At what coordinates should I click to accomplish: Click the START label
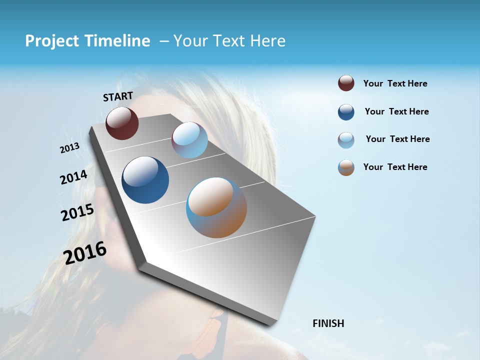pyautogui.click(x=118, y=96)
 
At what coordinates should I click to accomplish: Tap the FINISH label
pyautogui.click(x=328, y=323)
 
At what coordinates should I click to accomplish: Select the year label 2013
pyautogui.click(x=70, y=148)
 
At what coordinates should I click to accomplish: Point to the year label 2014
pyautogui.click(x=73, y=177)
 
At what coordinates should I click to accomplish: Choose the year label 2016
pyautogui.click(x=85, y=253)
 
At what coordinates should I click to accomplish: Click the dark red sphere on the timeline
pyautogui.click(x=122, y=123)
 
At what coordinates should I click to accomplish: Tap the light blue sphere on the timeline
pyautogui.click(x=189, y=140)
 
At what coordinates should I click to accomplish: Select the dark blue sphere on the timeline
pyautogui.click(x=145, y=180)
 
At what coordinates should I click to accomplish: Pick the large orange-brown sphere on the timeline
pyautogui.click(x=216, y=207)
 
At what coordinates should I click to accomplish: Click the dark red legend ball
pyautogui.click(x=346, y=83)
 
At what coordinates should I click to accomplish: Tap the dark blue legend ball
pyautogui.click(x=346, y=112)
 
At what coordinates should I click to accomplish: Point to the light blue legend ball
pyautogui.click(x=346, y=140)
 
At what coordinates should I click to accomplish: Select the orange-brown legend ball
pyautogui.click(x=346, y=167)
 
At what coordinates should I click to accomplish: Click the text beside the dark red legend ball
pyautogui.click(x=395, y=83)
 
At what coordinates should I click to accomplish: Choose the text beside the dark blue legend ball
pyautogui.click(x=396, y=111)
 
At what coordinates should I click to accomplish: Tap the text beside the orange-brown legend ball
pyautogui.click(x=395, y=167)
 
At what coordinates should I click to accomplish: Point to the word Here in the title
pyautogui.click(x=267, y=41)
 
